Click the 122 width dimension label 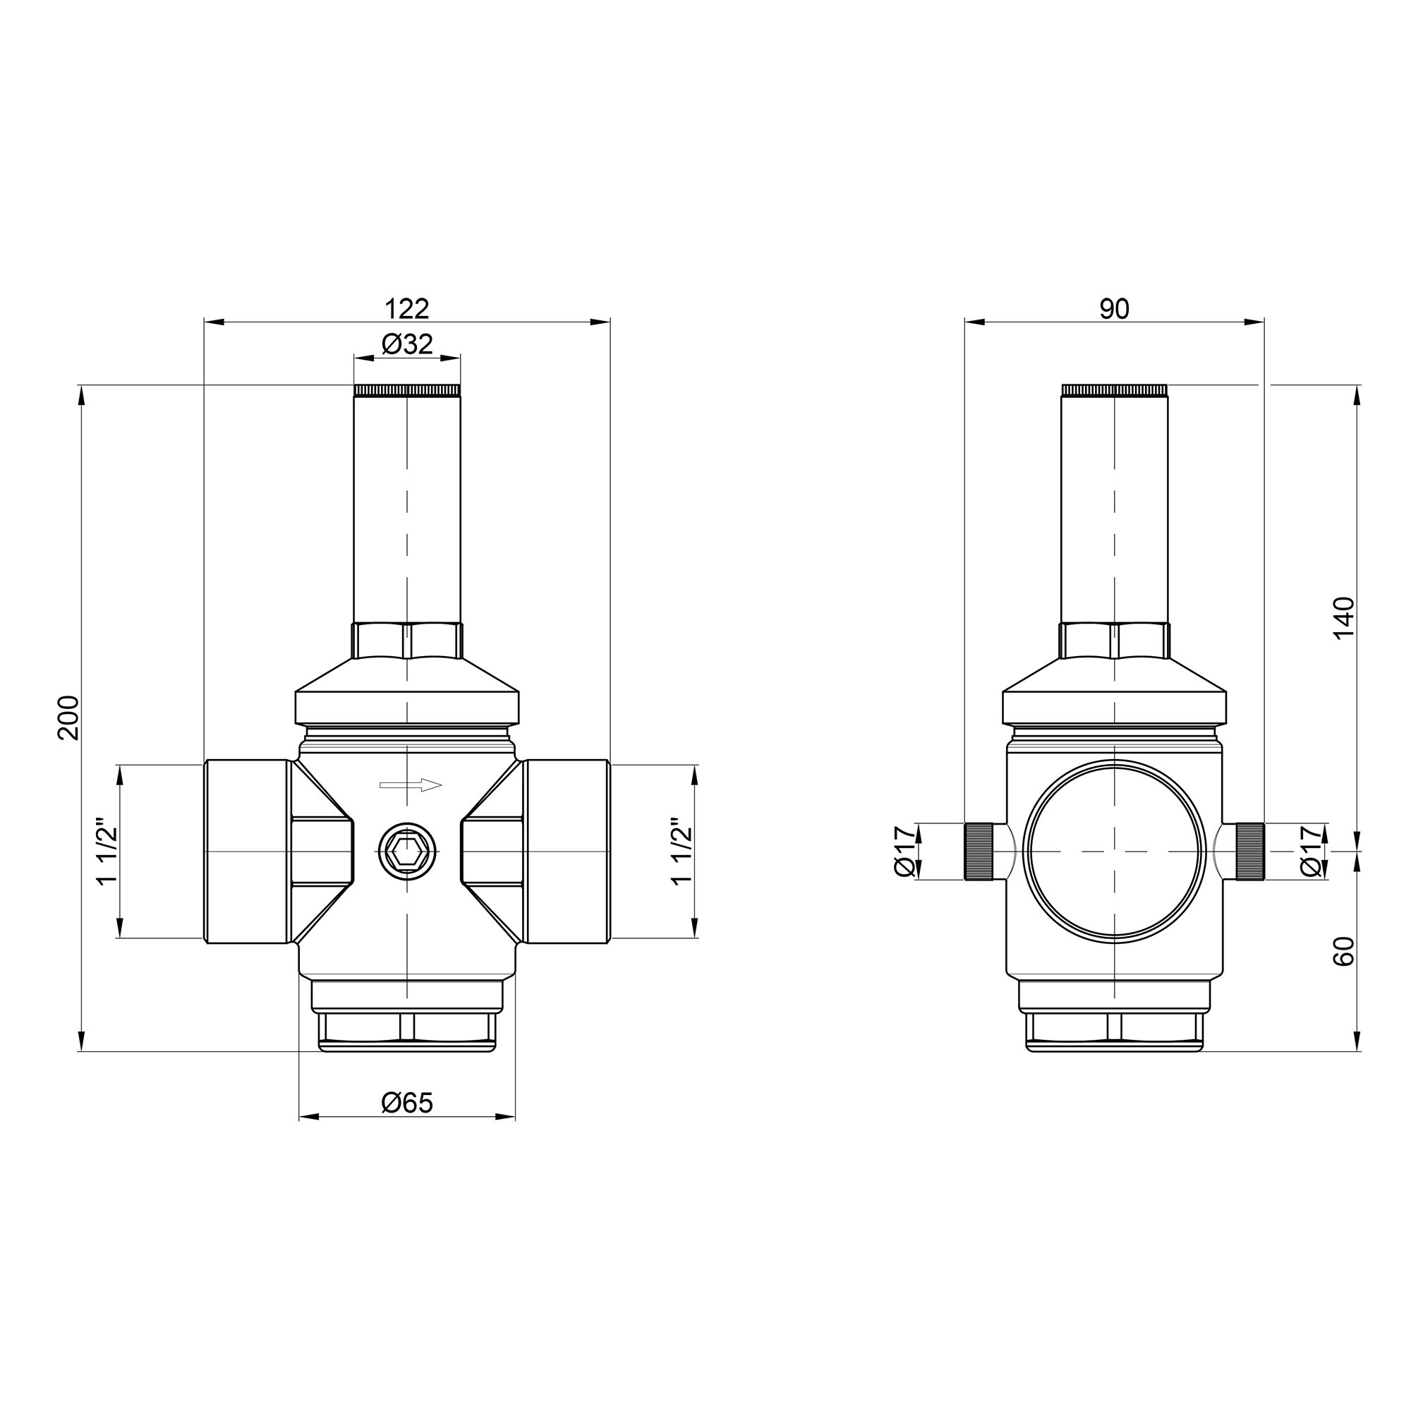(407, 309)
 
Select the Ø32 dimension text (407, 344)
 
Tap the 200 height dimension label (68, 717)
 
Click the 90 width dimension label (1115, 309)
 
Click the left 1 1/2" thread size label (107, 852)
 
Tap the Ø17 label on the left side (904, 852)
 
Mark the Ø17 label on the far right (1311, 852)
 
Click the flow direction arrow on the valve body (411, 785)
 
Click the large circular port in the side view (1115, 852)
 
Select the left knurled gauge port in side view (979, 852)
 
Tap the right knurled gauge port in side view (1250, 852)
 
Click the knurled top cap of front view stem (407, 391)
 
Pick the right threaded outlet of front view (566, 852)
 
